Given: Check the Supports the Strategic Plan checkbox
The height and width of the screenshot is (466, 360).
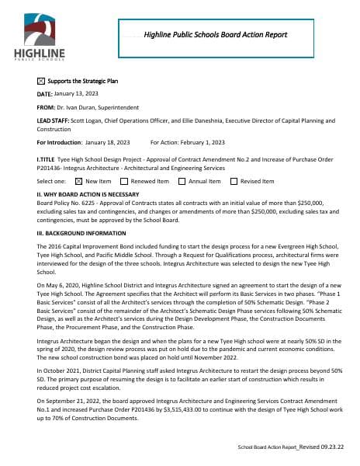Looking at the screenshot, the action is pyautogui.click(x=41, y=81).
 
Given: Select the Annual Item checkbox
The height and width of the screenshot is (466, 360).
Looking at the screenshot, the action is pyautogui.click(x=182, y=181).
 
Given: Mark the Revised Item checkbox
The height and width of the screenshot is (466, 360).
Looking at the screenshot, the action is pyautogui.click(x=234, y=181).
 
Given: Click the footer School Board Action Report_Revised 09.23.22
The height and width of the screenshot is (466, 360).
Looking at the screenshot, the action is pyautogui.click(x=291, y=448).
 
